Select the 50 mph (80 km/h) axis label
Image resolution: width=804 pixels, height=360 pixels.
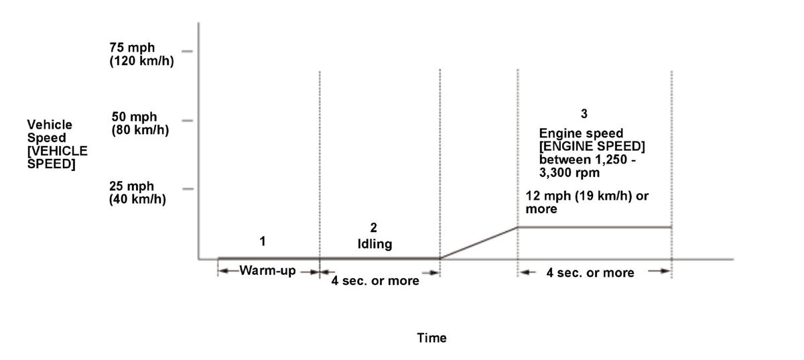pyautogui.click(x=139, y=123)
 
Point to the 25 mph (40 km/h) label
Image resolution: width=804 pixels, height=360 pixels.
pyautogui.click(x=137, y=193)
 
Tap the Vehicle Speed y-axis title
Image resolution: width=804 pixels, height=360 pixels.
pyautogui.click(x=57, y=144)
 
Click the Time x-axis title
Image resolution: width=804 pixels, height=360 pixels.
pyautogui.click(x=431, y=338)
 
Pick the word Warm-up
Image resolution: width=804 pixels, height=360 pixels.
pyautogui.click(x=268, y=272)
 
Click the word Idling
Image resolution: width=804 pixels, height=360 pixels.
pyautogui.click(x=374, y=244)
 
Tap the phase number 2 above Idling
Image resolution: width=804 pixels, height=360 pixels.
pyautogui.click(x=374, y=227)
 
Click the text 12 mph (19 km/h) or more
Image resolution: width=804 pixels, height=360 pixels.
pyautogui.click(x=587, y=202)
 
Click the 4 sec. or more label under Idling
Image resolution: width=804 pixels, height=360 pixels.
pyautogui.click(x=375, y=280)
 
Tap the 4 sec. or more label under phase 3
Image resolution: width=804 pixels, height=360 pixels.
pyautogui.click(x=590, y=272)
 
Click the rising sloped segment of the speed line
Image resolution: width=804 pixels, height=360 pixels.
pyautogui.click(x=478, y=243)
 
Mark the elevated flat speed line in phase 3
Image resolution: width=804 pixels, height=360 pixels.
pyautogui.click(x=594, y=227)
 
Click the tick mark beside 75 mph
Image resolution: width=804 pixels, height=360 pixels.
pyautogui.click(x=187, y=51)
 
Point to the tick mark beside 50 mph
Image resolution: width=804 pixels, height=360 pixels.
pyautogui.click(x=187, y=120)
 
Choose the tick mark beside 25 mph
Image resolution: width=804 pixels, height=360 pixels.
pyautogui.click(x=187, y=189)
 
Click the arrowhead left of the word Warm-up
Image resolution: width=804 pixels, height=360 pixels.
pyautogui.click(x=224, y=272)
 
